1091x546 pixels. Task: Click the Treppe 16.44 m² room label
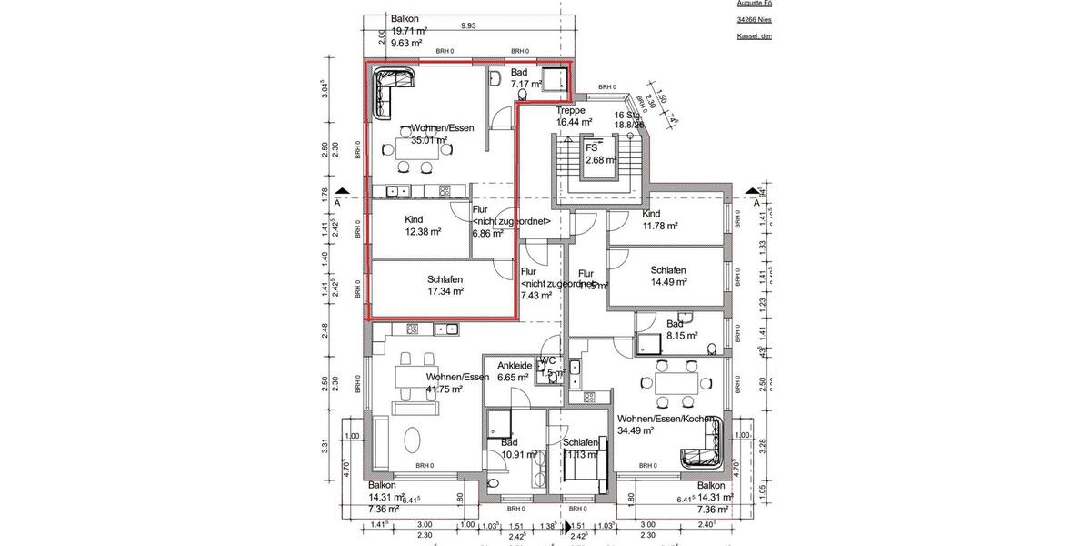[x=575, y=116]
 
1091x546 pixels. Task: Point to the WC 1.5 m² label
[x=550, y=367]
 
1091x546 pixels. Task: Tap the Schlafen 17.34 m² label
[x=445, y=286]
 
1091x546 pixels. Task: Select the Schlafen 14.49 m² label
[x=668, y=277]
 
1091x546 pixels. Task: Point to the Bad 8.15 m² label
[x=681, y=329]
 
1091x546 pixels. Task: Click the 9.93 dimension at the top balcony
[x=468, y=25]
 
